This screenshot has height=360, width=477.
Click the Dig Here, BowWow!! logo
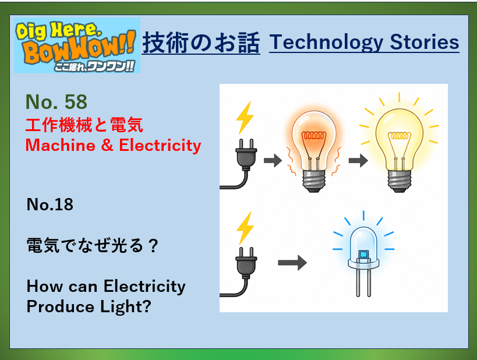77,45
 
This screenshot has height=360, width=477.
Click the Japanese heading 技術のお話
201,43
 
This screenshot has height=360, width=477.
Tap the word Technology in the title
326,43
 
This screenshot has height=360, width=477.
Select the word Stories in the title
425,42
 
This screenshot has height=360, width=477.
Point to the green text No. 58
56,101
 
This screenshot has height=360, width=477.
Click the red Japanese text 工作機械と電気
84,125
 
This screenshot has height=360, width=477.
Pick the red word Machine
60,145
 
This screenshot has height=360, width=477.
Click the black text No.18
50,204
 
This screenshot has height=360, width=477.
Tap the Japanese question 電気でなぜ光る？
93,245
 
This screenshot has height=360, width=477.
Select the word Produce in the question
60,306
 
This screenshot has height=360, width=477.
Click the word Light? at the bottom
126,307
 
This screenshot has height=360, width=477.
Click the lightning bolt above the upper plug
245,118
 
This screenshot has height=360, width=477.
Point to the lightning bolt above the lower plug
245,228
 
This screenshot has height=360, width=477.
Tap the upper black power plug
246,154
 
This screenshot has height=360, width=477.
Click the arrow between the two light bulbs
358,160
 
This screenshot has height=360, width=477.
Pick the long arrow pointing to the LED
292,263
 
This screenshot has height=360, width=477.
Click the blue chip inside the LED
363,254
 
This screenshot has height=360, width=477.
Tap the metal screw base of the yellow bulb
400,181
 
